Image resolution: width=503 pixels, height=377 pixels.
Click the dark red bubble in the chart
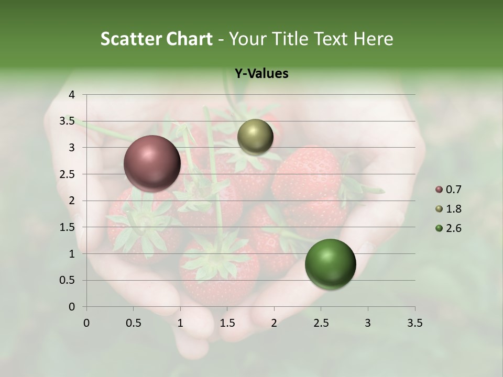152,163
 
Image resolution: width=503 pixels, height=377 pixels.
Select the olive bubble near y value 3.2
255,137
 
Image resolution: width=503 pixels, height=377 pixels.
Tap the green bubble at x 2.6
330,264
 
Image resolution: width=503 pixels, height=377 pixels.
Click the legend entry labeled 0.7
449,190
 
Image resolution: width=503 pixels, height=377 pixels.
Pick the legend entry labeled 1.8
449,209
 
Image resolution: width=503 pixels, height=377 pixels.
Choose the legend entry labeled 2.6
449,228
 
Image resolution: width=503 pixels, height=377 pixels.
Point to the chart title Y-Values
261,74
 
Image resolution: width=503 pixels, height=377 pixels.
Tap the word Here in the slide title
373,39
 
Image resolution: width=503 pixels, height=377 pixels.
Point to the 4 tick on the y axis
72,95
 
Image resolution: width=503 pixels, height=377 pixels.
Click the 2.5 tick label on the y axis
67,174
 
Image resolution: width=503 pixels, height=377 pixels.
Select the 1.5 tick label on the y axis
67,227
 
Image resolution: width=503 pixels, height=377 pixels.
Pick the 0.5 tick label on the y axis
67,280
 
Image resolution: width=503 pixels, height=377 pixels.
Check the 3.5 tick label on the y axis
67,121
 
